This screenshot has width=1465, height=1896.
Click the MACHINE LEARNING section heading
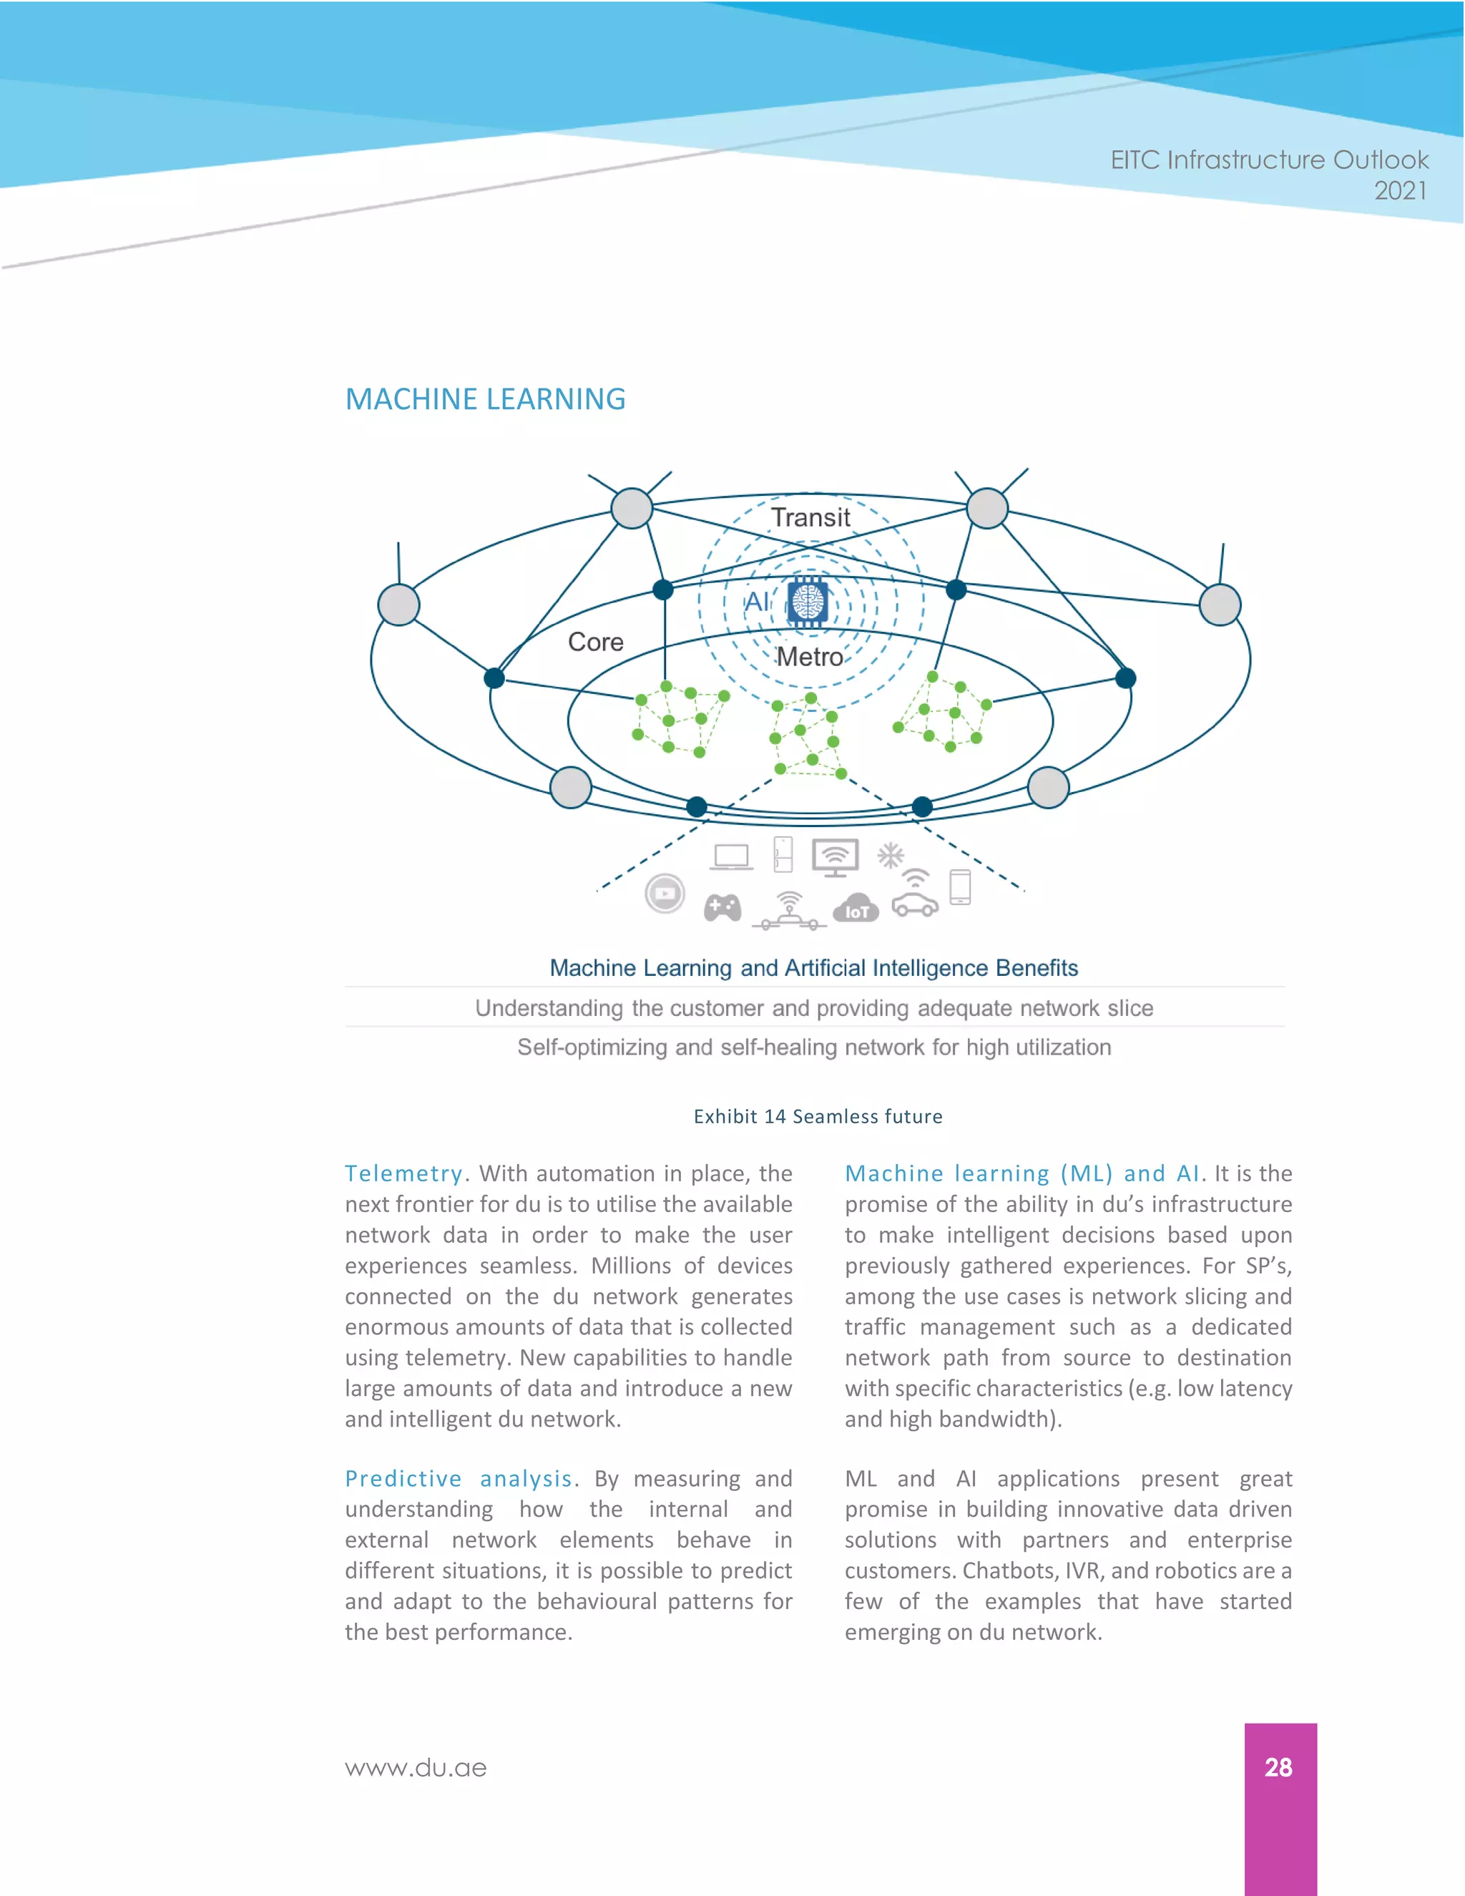click(x=485, y=399)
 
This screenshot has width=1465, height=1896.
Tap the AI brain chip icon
click(x=808, y=601)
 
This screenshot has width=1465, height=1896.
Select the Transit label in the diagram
click(x=810, y=517)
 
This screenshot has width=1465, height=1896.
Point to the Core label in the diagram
click(x=595, y=642)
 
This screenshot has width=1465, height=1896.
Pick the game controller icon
click(x=722, y=908)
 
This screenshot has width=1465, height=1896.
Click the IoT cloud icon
click(x=856, y=908)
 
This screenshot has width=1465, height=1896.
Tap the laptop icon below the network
click(x=732, y=857)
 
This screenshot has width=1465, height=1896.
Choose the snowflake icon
click(x=891, y=855)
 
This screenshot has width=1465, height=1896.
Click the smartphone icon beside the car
click(x=960, y=887)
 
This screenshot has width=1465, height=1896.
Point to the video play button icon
click(x=665, y=894)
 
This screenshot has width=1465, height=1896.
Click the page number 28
click(x=1278, y=1766)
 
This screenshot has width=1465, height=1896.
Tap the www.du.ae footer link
click(x=416, y=1769)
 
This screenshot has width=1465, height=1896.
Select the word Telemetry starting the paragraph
click(x=403, y=1173)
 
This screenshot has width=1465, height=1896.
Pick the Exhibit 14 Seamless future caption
click(x=818, y=1116)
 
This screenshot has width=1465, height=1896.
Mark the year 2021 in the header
click(x=1400, y=190)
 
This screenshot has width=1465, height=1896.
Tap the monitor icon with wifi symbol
click(x=835, y=858)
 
